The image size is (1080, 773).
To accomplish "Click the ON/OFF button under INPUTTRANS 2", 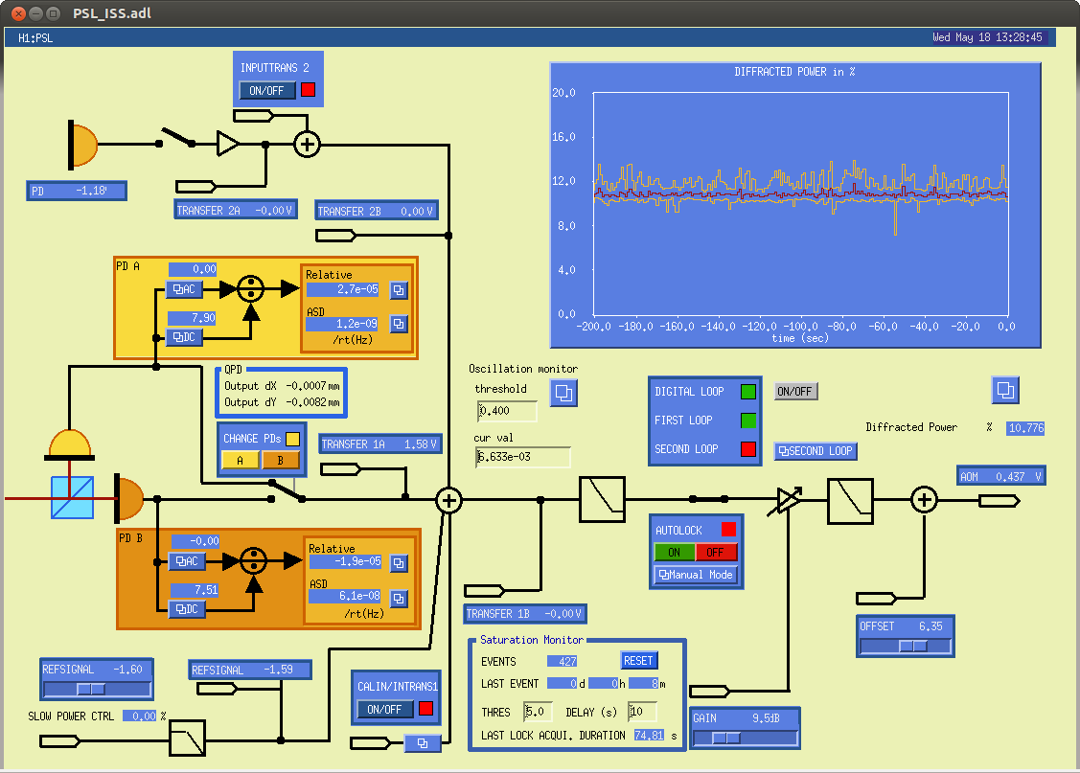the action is click(x=267, y=90).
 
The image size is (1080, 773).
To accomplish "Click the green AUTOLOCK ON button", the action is click(x=674, y=552).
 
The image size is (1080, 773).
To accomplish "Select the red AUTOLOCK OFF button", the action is click(x=716, y=552).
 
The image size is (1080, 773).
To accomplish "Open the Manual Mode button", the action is click(x=696, y=575).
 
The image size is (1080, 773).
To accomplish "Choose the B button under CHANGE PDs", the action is click(x=281, y=460).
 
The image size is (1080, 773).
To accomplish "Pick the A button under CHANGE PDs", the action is click(x=241, y=460).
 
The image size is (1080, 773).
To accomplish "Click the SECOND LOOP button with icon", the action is click(x=816, y=451).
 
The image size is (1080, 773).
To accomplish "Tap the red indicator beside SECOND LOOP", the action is click(x=748, y=449).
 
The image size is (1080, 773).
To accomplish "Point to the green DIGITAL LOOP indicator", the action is click(x=748, y=392).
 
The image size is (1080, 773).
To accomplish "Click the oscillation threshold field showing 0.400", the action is click(x=507, y=411).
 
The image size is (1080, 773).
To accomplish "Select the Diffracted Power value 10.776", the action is click(x=1025, y=428).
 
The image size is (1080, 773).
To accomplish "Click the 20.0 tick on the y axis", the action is click(x=563, y=92).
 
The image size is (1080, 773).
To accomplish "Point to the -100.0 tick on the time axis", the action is click(x=800, y=327).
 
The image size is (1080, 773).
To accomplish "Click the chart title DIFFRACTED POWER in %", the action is click(x=794, y=72).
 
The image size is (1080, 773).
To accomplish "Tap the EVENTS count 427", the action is click(x=562, y=662).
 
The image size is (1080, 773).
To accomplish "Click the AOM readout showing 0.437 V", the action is click(x=1001, y=476).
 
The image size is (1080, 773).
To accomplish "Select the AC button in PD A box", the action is click(x=185, y=289).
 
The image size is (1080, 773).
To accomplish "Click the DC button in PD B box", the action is click(x=188, y=609).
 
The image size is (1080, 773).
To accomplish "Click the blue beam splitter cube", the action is click(x=72, y=498).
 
